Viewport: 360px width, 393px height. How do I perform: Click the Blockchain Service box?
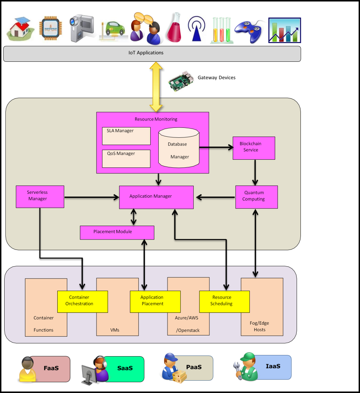[254, 148]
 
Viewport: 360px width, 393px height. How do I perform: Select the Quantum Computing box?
[257, 197]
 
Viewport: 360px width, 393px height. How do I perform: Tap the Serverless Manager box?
[40, 197]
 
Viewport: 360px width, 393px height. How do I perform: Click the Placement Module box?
[117, 233]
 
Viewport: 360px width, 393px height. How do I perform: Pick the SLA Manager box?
[126, 136]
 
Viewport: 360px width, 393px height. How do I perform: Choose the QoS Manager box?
[126, 159]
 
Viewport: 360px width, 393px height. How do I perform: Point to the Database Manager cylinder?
[179, 148]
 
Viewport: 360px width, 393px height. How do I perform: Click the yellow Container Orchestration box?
[83, 302]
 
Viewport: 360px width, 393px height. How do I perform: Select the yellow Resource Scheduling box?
[224, 302]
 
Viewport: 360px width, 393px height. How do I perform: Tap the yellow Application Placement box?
[155, 302]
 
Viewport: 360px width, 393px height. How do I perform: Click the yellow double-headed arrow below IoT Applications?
[156, 87]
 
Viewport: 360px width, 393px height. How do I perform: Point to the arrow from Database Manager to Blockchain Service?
[216, 147]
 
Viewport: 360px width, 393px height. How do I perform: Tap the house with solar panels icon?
[20, 29]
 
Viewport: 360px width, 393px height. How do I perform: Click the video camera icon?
[82, 28]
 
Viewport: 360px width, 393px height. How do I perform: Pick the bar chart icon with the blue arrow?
[284, 30]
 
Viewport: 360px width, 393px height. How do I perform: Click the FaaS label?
[51, 368]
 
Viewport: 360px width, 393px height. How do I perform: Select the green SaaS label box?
[124, 369]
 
